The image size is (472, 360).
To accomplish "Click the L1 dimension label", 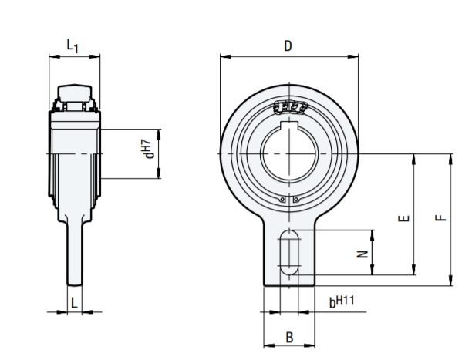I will click(x=72, y=46).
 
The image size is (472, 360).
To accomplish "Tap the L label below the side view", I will click(x=74, y=303).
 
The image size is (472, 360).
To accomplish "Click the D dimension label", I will click(x=288, y=46).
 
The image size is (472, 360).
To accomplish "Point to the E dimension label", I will click(x=402, y=218).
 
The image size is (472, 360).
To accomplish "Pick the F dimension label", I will click(x=440, y=218).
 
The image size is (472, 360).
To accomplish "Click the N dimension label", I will click(x=361, y=253).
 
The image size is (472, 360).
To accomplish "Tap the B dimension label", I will click(x=289, y=337).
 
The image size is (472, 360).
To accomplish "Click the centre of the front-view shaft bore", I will click(x=289, y=153).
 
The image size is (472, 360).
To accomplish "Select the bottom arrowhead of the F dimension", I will click(x=451, y=282).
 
